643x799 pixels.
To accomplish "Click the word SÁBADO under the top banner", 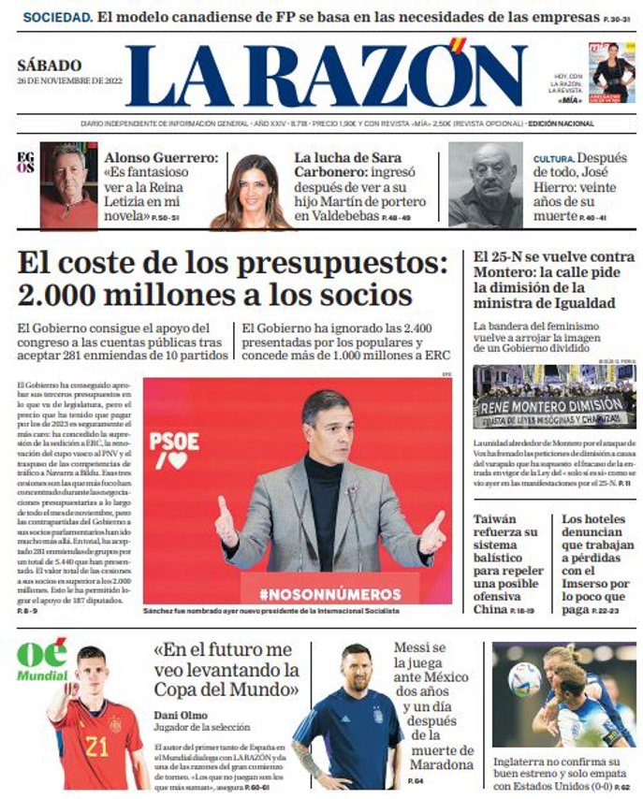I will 50,65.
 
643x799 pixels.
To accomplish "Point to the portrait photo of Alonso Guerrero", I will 67,186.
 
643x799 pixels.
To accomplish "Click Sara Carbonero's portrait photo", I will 250,191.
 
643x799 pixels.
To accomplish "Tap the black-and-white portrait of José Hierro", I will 485,185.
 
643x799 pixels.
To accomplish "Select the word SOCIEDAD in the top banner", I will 55,17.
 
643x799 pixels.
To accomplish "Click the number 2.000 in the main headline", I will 51,296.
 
